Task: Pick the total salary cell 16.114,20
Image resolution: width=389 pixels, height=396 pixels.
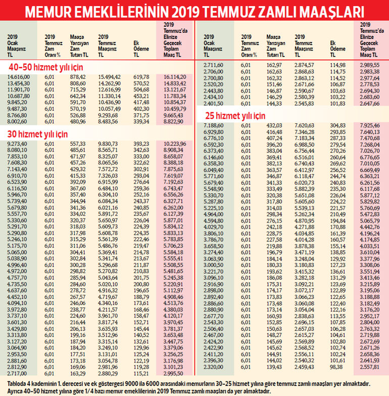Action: click(x=175, y=76)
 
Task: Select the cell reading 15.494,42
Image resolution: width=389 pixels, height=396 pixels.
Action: click(x=109, y=76)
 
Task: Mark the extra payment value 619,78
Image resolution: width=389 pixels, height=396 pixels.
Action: click(x=143, y=76)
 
